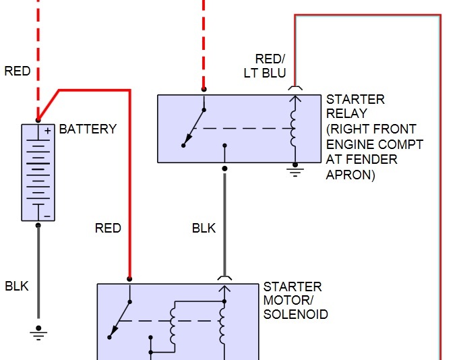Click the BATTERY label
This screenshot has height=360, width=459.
coord(88,129)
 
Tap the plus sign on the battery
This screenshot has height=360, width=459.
coord(48,131)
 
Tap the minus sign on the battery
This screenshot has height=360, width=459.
coord(47,216)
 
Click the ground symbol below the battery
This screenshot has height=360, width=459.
coord(38,333)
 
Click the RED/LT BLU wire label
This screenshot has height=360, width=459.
coord(265,66)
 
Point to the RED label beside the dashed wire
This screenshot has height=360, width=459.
coord(18,71)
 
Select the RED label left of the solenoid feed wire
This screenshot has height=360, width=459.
coord(108,228)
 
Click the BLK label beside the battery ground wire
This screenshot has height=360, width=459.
coord(17,287)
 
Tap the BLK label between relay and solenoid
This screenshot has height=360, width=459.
coord(204,228)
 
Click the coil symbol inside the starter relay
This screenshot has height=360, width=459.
coord(293,128)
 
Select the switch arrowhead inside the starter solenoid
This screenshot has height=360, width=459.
coord(114,331)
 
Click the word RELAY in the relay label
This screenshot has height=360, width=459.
coord(346,113)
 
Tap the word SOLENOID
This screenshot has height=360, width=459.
coord(296,314)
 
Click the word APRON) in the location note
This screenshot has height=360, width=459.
coord(350,175)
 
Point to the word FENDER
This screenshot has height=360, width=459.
coord(371,160)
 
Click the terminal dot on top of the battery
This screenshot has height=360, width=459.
coord(38,120)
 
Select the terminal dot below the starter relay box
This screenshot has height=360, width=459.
coord(224,169)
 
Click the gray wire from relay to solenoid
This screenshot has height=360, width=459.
coord(224,224)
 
